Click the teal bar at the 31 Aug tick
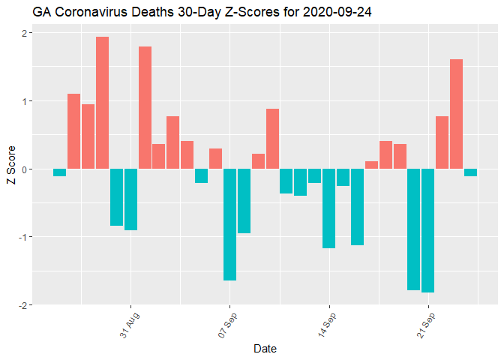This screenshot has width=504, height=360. (x=130, y=199)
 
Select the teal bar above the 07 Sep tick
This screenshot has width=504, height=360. (x=229, y=224)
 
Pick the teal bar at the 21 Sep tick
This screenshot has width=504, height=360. (x=428, y=230)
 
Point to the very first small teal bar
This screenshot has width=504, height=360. (x=59, y=172)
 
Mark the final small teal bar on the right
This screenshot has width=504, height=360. (x=470, y=172)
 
